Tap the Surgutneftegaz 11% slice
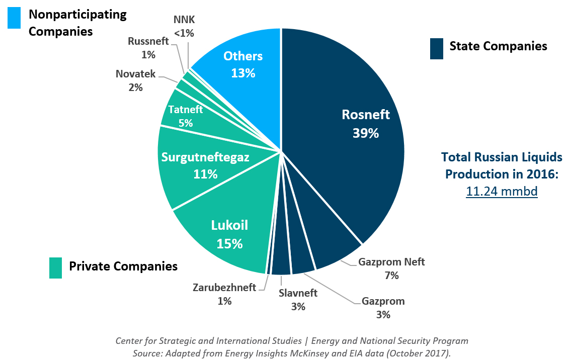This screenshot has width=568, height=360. pyautogui.click(x=201, y=166)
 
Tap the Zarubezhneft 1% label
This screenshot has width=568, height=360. pyautogui.click(x=224, y=294)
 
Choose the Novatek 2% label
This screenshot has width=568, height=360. pyautogui.click(x=135, y=80)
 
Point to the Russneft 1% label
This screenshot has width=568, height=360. pyautogui.click(x=148, y=47)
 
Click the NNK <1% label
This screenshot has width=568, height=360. pyautogui.click(x=184, y=27)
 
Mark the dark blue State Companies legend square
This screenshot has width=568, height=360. pyautogui.click(x=437, y=48)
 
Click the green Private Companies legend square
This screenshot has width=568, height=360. pyautogui.click(x=56, y=268)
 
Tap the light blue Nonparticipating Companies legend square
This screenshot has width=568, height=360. pyautogui.click(x=14, y=18)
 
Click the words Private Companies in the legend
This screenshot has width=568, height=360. pyautogui.click(x=123, y=266)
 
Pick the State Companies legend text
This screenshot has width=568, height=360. pyautogui.click(x=498, y=46)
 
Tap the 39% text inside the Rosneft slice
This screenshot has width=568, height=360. pyautogui.click(x=365, y=133)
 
